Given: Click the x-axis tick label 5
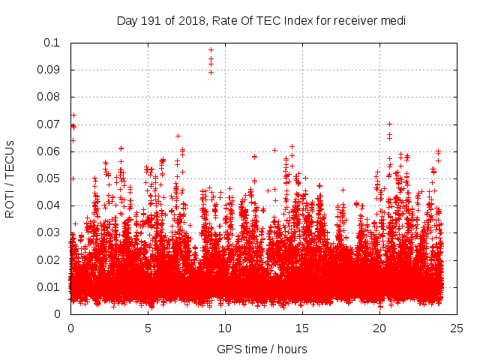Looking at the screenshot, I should click(148, 328).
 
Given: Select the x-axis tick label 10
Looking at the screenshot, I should click(225, 328).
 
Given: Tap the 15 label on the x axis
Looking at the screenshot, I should click(302, 328).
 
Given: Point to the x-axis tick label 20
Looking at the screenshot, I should click(379, 328).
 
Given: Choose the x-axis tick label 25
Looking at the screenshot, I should click(457, 328).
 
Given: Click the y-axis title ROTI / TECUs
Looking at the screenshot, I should click(10, 178).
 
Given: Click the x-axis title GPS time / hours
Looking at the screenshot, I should click(262, 349).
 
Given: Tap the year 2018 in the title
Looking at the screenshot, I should click(192, 20).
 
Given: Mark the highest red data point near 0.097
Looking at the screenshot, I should click(211, 49).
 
